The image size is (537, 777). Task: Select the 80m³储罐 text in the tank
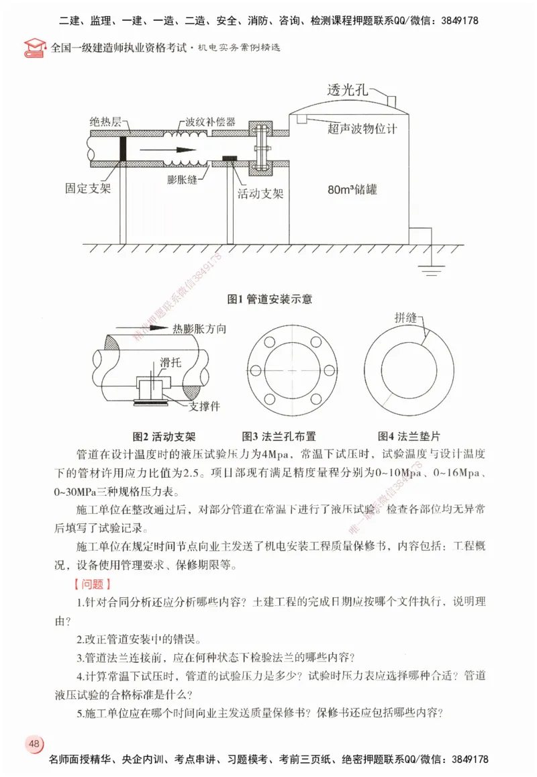tap(352, 190)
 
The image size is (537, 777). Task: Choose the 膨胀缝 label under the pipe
tap(185, 180)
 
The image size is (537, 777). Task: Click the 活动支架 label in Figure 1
tap(260, 194)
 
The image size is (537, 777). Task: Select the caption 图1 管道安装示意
tap(269, 299)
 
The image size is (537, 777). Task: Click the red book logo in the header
tap(32, 48)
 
